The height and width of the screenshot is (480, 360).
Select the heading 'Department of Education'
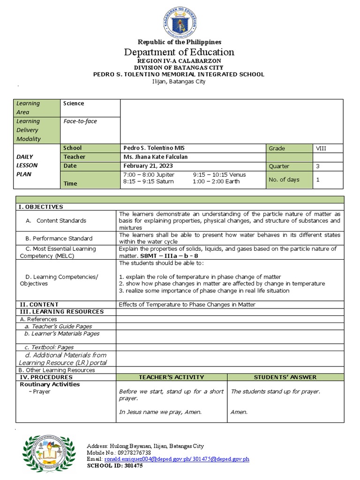(x=179, y=52)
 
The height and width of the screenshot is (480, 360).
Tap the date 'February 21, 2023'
(x=148, y=166)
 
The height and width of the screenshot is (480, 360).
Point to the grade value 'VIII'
(x=321, y=148)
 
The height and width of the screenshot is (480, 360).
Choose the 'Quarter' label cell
(x=279, y=166)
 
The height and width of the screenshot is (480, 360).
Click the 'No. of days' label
(x=284, y=180)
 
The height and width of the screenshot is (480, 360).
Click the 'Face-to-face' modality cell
(x=80, y=121)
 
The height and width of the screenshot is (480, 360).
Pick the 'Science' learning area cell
(x=74, y=104)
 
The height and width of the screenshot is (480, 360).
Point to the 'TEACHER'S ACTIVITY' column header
(x=171, y=377)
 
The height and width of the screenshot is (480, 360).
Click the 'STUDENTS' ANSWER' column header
(x=285, y=377)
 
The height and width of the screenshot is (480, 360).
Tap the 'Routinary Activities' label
(x=50, y=384)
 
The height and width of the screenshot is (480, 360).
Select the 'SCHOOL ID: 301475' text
(x=116, y=466)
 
